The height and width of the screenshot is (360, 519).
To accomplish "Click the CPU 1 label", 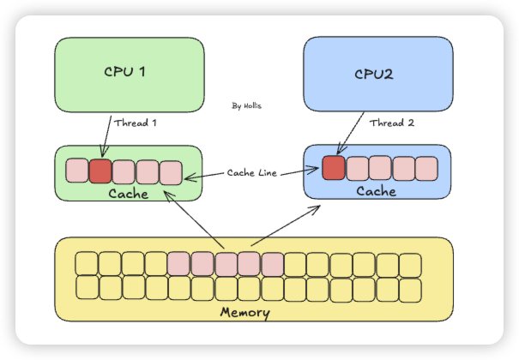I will click(x=124, y=71).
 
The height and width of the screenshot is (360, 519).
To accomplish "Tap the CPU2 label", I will click(x=373, y=74).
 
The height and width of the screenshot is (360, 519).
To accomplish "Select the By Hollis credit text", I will click(x=248, y=106).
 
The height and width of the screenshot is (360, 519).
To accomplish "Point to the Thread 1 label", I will click(x=136, y=123).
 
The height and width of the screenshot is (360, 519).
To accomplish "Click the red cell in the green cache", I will click(x=100, y=171).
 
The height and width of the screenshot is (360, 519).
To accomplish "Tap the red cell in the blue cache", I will click(x=334, y=167).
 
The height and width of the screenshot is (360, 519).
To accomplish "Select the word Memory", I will click(x=246, y=312).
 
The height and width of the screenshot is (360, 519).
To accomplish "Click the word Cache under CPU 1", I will click(x=129, y=194).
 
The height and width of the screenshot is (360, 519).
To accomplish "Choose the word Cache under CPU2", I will click(x=377, y=191).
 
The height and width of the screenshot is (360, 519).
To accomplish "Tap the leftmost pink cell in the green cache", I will click(x=77, y=171).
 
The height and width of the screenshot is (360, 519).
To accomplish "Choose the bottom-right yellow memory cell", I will click(x=411, y=287).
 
